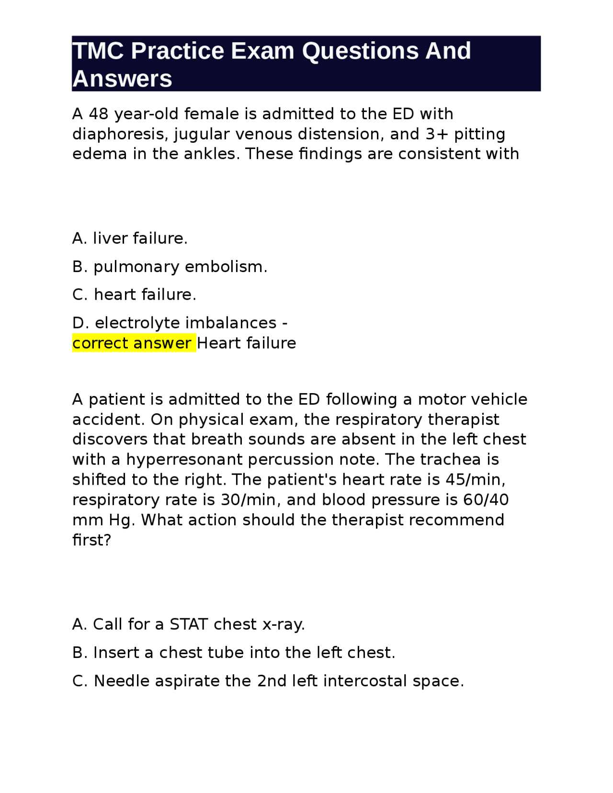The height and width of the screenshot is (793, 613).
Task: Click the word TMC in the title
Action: (98, 51)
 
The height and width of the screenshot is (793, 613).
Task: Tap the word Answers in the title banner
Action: (122, 79)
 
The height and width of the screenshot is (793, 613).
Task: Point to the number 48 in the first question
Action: (99, 114)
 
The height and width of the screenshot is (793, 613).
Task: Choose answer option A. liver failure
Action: (130, 238)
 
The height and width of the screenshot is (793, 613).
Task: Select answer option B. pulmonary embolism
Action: (170, 267)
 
